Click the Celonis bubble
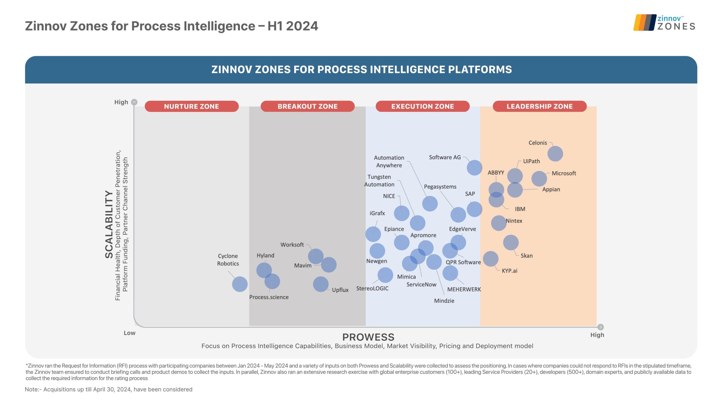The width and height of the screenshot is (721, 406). pyautogui.click(x=555, y=154)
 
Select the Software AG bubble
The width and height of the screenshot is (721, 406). pyautogui.click(x=474, y=167)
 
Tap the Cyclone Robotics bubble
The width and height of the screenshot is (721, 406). pyautogui.click(x=240, y=284)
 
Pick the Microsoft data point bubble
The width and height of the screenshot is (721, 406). pyautogui.click(x=539, y=178)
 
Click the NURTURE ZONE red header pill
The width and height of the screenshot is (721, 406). pyautogui.click(x=192, y=106)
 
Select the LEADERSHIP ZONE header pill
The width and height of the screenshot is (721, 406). pyautogui.click(x=539, y=106)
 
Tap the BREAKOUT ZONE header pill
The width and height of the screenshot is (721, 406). pyautogui.click(x=307, y=106)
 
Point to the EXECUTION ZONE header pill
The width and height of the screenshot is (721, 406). pyautogui.click(x=422, y=106)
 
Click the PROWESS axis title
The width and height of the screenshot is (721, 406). pyautogui.click(x=368, y=337)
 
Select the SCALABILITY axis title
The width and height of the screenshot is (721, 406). pyautogui.click(x=109, y=224)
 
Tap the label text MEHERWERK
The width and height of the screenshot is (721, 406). pyautogui.click(x=464, y=289)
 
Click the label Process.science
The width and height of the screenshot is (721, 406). pyautogui.click(x=269, y=297)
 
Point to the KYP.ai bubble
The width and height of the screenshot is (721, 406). pyautogui.click(x=490, y=259)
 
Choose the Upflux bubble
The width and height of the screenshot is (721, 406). pyautogui.click(x=321, y=284)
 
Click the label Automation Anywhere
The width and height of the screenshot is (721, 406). pyautogui.click(x=389, y=161)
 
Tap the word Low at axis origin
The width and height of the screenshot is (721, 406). pyautogui.click(x=130, y=333)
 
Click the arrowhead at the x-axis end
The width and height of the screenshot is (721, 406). pyautogui.click(x=600, y=327)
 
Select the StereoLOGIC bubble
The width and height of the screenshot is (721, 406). pyautogui.click(x=385, y=275)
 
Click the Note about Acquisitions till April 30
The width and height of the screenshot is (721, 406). pyautogui.click(x=108, y=389)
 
